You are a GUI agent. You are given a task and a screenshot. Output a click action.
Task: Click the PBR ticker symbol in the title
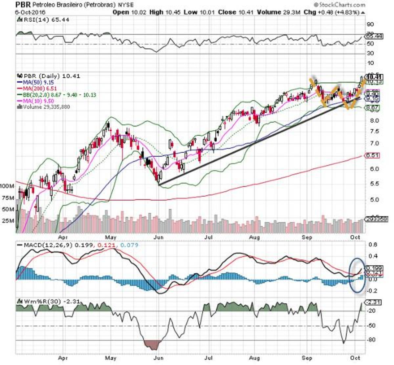pos(23,5)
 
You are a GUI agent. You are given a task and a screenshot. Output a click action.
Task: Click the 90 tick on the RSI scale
pos(370,24)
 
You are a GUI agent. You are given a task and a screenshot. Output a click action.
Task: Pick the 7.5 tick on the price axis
pos(371,131)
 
